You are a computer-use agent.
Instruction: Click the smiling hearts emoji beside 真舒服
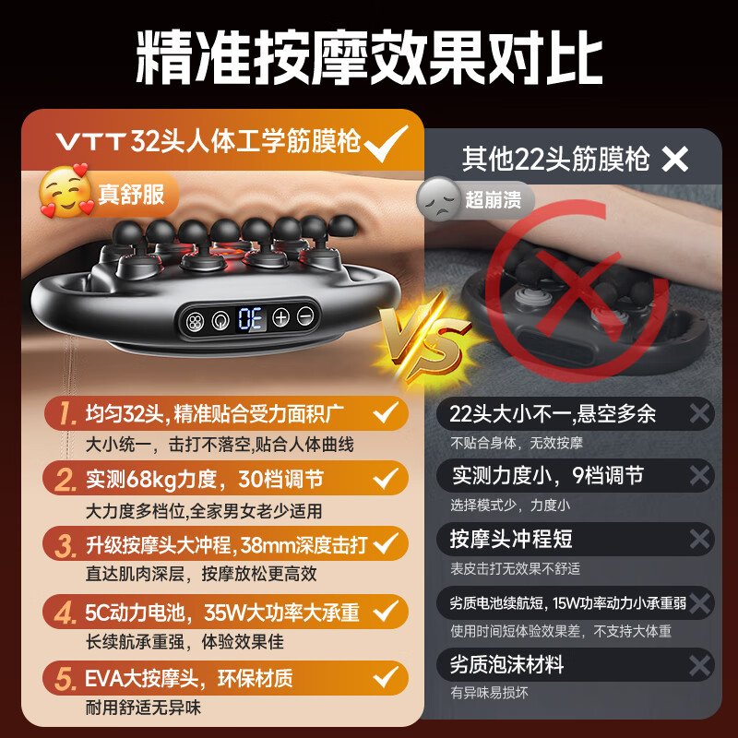65,190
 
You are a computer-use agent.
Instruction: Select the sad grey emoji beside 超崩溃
438,198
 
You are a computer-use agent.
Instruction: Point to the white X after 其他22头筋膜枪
675,160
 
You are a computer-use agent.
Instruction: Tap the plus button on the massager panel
280,318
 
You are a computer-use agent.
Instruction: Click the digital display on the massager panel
248,318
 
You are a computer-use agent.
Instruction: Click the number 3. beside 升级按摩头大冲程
65,544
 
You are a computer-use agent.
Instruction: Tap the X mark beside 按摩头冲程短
700,539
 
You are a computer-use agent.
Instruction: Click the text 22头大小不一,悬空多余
553,413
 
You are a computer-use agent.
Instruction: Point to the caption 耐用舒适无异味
142,708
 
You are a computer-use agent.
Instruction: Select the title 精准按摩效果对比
369,60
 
